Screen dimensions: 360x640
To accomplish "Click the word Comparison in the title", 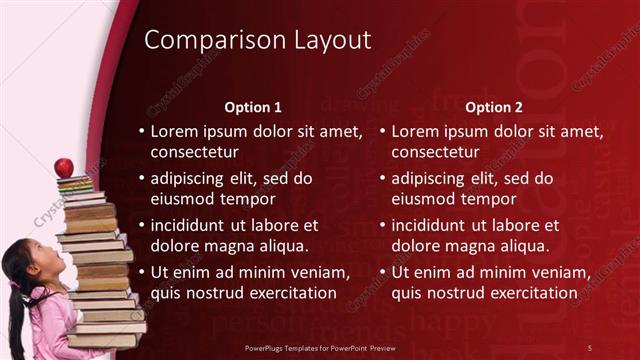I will coord(201,41).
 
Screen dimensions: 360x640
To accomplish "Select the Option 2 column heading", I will coord(496,107).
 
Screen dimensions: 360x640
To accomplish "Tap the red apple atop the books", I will coord(64,167).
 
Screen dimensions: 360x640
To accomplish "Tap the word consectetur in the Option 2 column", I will coord(435,153).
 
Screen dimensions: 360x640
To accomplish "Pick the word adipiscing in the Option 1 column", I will coord(194,179).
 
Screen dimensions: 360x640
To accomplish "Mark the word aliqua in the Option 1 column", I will coord(284,246).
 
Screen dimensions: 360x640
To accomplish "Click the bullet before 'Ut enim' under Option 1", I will coord(141,273).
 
